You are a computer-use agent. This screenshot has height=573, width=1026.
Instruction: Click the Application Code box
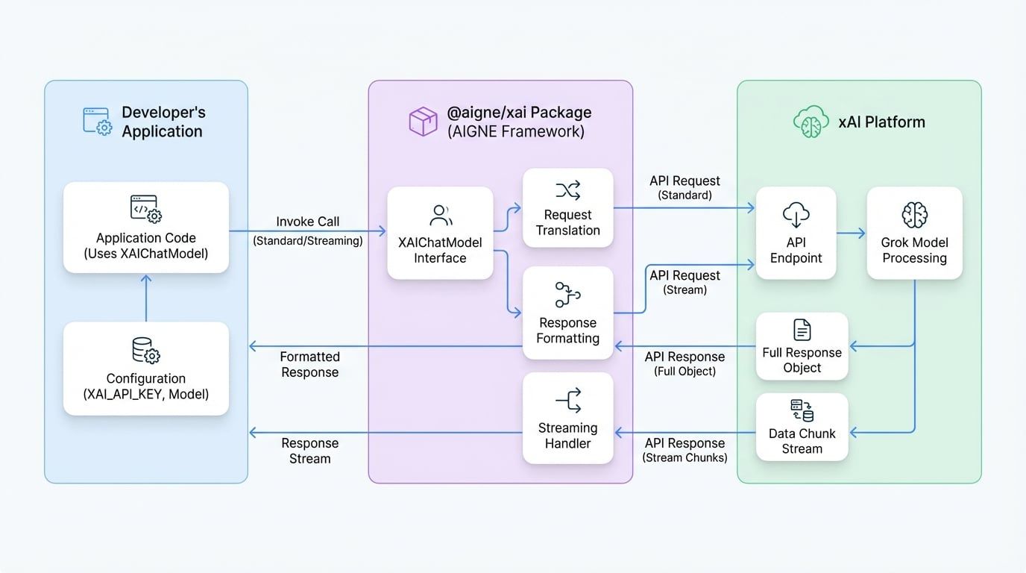[146, 228]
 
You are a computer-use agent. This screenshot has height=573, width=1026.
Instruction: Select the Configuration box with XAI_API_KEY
[146, 369]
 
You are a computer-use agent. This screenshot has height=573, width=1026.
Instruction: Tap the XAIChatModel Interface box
[440, 234]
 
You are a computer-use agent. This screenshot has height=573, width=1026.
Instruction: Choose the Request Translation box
[567, 208]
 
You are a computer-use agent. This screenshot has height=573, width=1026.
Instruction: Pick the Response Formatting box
[567, 313]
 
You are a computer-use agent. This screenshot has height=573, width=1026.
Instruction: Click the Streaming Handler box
[567, 419]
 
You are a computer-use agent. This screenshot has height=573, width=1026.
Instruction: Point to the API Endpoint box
[796, 234]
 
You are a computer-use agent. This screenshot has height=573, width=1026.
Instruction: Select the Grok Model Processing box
[914, 234]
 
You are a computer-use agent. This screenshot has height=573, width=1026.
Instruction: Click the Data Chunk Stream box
[802, 428]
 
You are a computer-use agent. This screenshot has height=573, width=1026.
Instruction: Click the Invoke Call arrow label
[307, 222]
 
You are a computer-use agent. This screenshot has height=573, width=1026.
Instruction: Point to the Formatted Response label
[309, 365]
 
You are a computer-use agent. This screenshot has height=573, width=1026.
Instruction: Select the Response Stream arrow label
[309, 451]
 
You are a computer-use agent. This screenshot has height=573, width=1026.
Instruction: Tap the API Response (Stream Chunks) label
[684, 450]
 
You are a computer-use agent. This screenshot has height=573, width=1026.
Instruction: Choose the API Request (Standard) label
[684, 187]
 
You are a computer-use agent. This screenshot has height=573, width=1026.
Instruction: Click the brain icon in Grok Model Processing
[914, 215]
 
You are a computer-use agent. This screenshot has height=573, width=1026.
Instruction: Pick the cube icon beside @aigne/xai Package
[423, 122]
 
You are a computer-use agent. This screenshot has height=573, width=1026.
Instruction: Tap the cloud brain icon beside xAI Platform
[811, 122]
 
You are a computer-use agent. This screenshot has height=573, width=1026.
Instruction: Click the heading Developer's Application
[163, 122]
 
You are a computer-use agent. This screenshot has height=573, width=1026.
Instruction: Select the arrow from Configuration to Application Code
[146, 298]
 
